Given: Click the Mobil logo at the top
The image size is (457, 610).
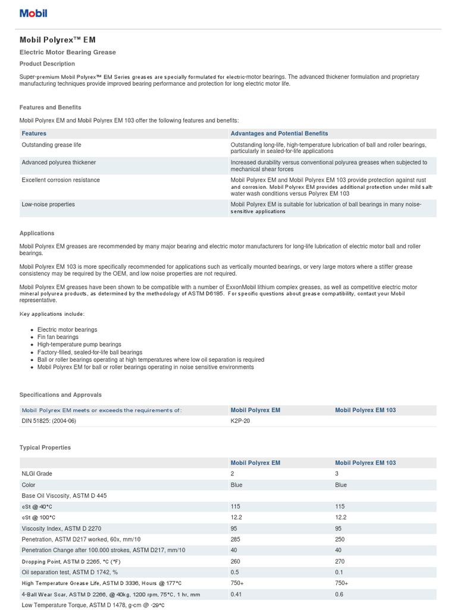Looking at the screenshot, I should [33, 13].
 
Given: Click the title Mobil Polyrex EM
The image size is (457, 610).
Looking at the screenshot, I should [57, 40].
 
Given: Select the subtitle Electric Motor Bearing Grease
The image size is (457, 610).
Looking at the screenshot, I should [68, 52].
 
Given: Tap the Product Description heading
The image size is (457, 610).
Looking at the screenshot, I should [47, 64].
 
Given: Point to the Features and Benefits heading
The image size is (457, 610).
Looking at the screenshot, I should [51, 107].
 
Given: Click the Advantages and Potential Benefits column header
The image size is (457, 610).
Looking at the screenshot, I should [279, 133].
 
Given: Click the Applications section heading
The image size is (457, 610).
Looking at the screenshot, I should [37, 234].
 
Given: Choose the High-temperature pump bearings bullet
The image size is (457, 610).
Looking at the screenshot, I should [79, 344].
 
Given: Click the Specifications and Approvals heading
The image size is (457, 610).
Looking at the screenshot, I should [61, 394].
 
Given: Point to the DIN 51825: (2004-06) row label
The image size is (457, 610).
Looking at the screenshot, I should [49, 421].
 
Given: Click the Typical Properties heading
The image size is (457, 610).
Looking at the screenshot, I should [45, 447].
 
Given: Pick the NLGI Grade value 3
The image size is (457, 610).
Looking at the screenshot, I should [337, 474].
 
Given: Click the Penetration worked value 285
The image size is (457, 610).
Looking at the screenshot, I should [235, 538].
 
